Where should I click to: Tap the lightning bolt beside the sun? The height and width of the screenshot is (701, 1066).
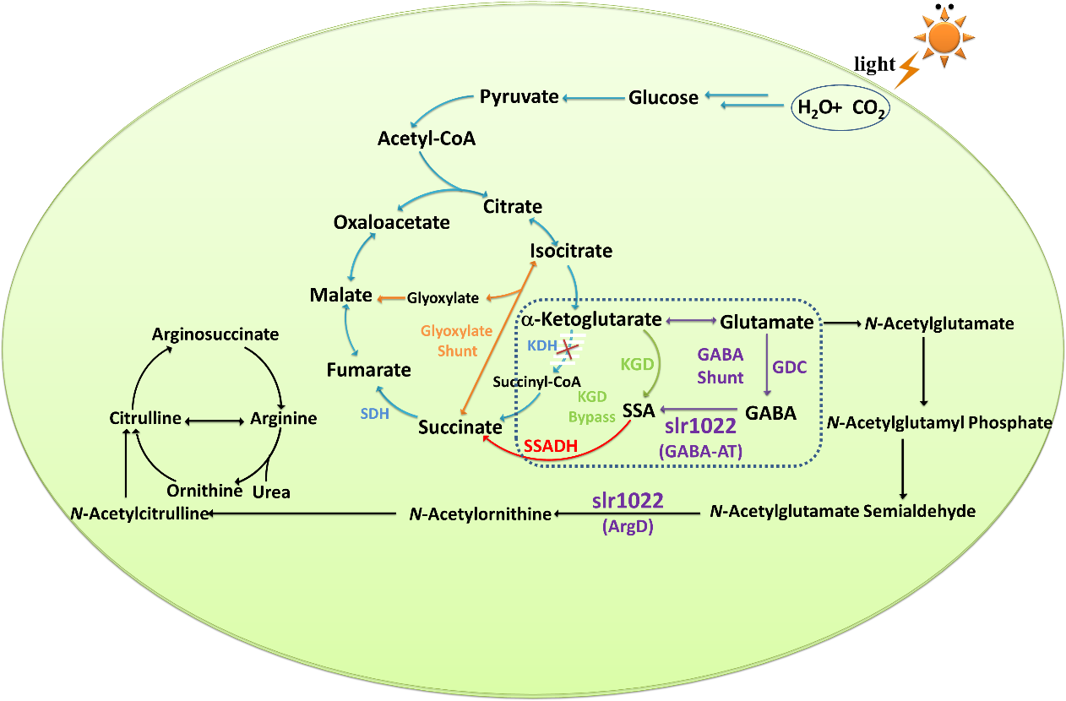tap(907, 70)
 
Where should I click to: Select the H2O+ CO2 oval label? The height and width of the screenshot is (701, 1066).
tap(839, 108)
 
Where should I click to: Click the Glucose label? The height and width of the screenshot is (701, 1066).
tap(663, 97)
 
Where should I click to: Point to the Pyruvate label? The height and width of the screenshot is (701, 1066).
tap(519, 96)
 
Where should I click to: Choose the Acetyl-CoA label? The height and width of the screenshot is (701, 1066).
tap(427, 138)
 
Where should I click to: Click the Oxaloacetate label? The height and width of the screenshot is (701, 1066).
tap(391, 222)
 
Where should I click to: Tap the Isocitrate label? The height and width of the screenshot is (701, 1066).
tap(571, 251)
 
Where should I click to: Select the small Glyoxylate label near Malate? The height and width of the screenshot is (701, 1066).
tap(443, 298)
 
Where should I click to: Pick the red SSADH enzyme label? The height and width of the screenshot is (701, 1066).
tap(550, 444)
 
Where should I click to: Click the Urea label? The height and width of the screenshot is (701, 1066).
tap(271, 492)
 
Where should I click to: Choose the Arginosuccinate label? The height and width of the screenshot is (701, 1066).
tap(215, 334)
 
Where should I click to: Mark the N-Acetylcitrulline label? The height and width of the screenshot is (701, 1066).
tap(140, 513)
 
